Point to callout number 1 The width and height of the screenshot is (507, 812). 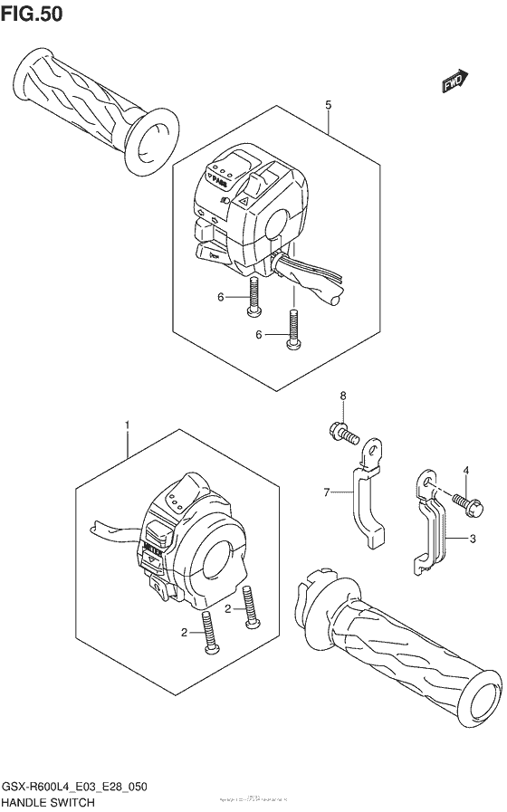point(128,425)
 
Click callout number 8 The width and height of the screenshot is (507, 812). point(343,396)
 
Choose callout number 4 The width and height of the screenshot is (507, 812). point(466,470)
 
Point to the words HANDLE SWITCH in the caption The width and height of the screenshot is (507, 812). point(54,801)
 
